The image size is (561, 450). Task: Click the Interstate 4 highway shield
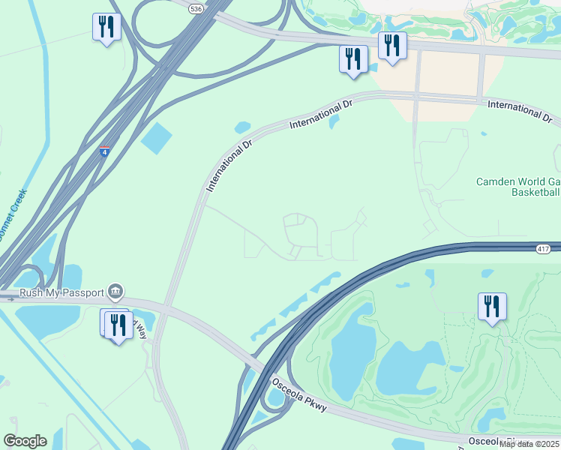[105, 151]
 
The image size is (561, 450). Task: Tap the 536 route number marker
[196, 8]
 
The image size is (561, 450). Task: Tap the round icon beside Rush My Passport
[115, 290]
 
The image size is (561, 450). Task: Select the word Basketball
[535, 193]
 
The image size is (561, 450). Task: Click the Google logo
[25, 440]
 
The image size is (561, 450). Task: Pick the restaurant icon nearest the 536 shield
[106, 28]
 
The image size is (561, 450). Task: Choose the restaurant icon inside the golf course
[492, 306]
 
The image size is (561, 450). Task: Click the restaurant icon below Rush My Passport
[118, 325]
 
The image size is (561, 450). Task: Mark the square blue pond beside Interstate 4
[156, 137]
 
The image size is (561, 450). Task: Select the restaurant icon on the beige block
[391, 46]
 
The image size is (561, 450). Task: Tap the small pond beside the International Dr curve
[242, 127]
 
